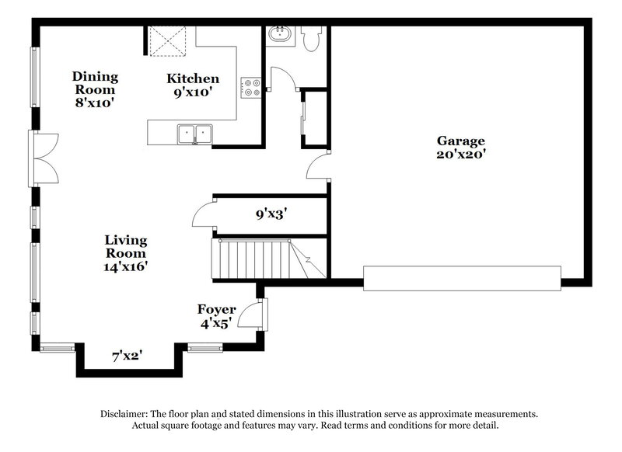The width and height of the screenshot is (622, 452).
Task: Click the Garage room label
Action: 460,141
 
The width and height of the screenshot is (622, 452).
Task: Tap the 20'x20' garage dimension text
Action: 460,154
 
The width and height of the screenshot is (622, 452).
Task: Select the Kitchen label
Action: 193,78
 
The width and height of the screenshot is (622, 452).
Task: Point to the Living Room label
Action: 126,246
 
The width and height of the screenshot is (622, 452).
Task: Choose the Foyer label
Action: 216,310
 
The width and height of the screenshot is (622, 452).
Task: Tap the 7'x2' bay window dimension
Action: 127,356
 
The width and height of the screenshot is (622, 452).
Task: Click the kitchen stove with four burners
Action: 250,88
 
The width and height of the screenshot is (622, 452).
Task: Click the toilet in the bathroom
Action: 313,39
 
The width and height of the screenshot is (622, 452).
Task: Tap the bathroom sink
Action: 279,35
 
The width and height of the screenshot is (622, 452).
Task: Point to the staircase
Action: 257,259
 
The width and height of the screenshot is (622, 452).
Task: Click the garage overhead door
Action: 462,278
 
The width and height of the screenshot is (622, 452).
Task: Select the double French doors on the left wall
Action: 42,158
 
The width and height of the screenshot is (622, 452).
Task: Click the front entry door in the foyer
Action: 253,315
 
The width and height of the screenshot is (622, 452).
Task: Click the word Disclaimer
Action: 128,414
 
